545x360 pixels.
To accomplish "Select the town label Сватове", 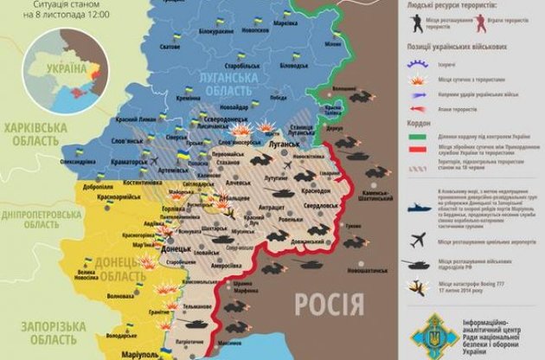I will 169,71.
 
